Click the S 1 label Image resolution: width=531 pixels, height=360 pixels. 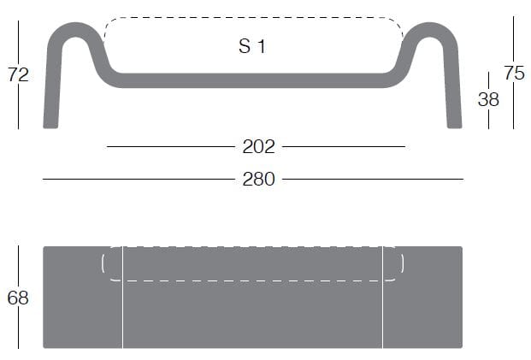251,46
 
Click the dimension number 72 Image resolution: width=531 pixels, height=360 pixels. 18,74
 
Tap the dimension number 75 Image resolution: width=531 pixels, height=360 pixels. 514,74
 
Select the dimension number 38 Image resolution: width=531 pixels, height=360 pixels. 488,99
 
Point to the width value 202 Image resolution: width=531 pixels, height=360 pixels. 258,147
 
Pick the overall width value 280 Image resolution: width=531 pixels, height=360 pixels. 258,180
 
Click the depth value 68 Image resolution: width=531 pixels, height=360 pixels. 18,298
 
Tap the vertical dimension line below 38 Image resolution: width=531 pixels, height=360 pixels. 488,119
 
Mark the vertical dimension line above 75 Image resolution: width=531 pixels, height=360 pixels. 514,38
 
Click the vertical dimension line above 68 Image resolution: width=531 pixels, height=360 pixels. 18,265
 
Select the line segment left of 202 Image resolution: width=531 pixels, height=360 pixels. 171,147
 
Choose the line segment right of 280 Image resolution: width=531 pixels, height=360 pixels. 372,180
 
